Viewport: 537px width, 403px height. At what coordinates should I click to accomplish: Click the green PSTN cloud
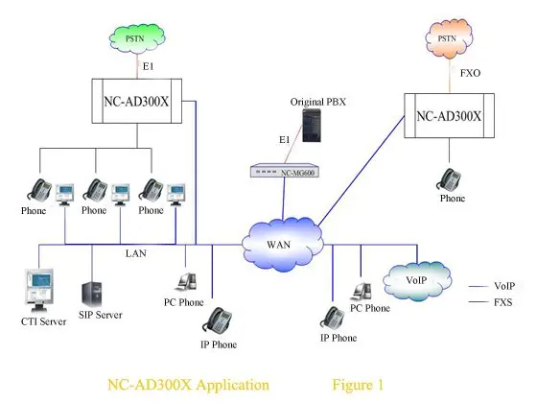pyautogui.click(x=135, y=38)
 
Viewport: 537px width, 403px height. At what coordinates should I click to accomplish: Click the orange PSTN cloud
pyautogui.click(x=446, y=40)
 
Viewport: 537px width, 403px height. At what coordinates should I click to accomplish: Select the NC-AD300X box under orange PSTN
pyautogui.click(x=450, y=116)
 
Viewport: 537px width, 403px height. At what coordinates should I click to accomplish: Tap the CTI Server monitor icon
pyautogui.click(x=38, y=290)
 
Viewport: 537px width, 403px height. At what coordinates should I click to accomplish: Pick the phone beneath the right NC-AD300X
pyautogui.click(x=449, y=178)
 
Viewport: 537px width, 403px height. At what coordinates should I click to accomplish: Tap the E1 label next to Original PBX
pyautogui.click(x=258, y=139)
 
